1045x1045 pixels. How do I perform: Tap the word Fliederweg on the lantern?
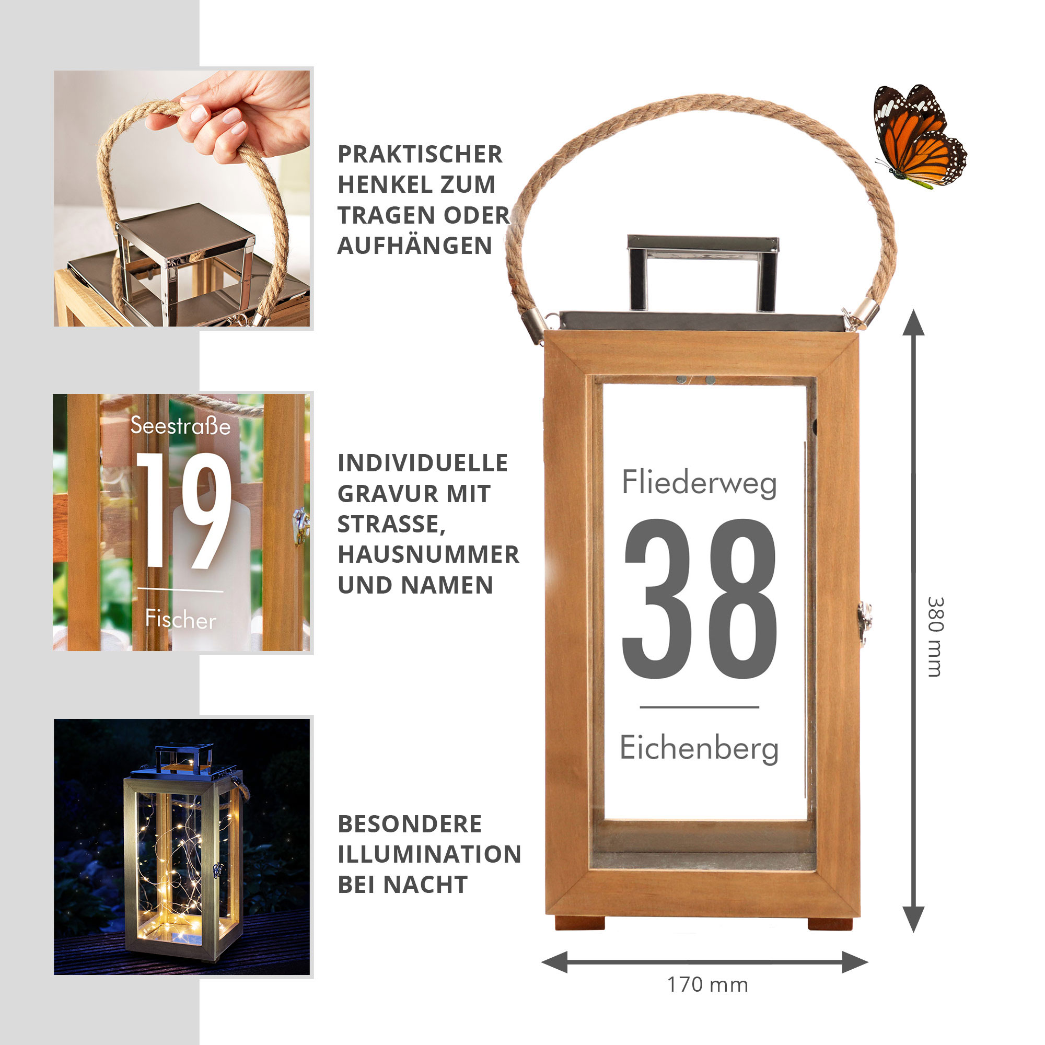700,482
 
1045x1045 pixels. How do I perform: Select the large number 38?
700,599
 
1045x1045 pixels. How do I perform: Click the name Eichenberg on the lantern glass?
700,749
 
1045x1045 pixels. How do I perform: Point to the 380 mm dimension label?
935,636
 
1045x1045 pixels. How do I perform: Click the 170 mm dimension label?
707,984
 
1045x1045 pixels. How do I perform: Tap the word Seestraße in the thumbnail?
181,426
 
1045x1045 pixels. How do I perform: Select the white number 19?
183,510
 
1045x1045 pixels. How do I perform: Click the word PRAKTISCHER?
420,154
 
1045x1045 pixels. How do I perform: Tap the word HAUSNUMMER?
428,554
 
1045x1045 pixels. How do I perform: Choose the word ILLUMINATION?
429,855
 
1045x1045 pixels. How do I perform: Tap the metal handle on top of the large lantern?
703,273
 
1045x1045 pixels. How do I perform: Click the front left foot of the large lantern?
579,923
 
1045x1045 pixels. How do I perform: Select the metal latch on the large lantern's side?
864,624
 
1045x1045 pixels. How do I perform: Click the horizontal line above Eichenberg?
700,707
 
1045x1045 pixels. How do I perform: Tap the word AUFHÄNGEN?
415,246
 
